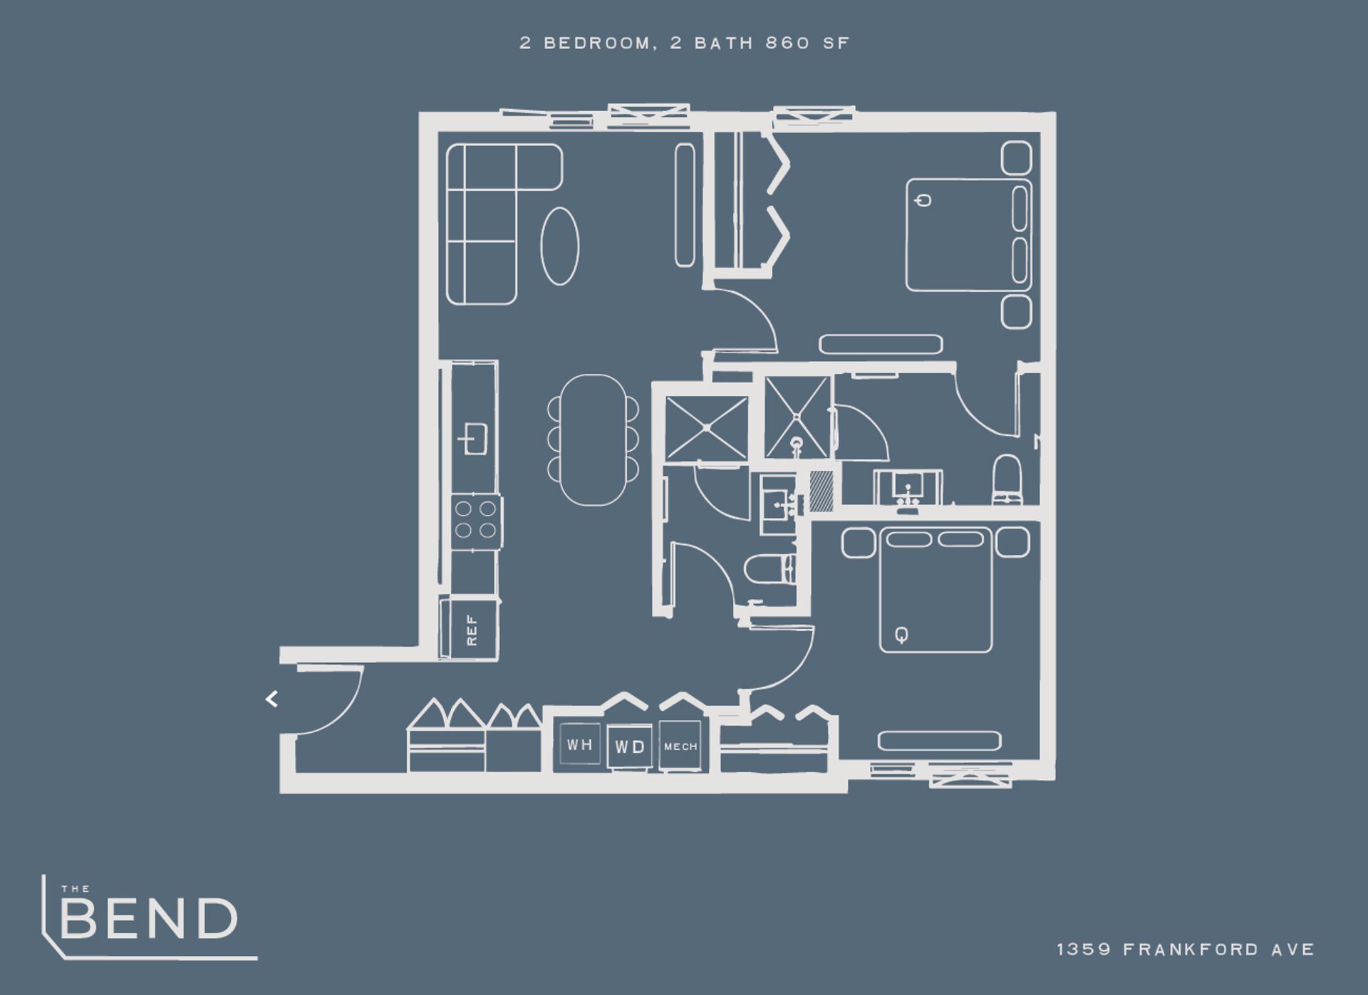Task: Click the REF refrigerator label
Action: [x=472, y=630]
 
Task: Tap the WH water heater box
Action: [x=579, y=744]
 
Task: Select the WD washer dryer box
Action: [x=629, y=746]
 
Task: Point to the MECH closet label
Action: [x=680, y=746]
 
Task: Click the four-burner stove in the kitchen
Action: [x=476, y=520]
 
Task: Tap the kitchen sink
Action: [x=472, y=438]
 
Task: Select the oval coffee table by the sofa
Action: [x=560, y=246]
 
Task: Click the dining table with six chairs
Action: [x=594, y=439]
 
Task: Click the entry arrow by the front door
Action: [x=271, y=699]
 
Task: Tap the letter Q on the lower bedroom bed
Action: [x=901, y=633]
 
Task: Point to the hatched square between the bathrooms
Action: [x=821, y=490]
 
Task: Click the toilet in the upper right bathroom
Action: [x=1007, y=479]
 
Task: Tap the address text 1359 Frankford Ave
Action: [x=1186, y=949]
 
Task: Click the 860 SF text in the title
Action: [x=808, y=43]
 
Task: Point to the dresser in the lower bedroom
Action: [x=939, y=741]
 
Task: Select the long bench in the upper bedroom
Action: [x=881, y=345]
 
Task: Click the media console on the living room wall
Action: [x=685, y=205]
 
